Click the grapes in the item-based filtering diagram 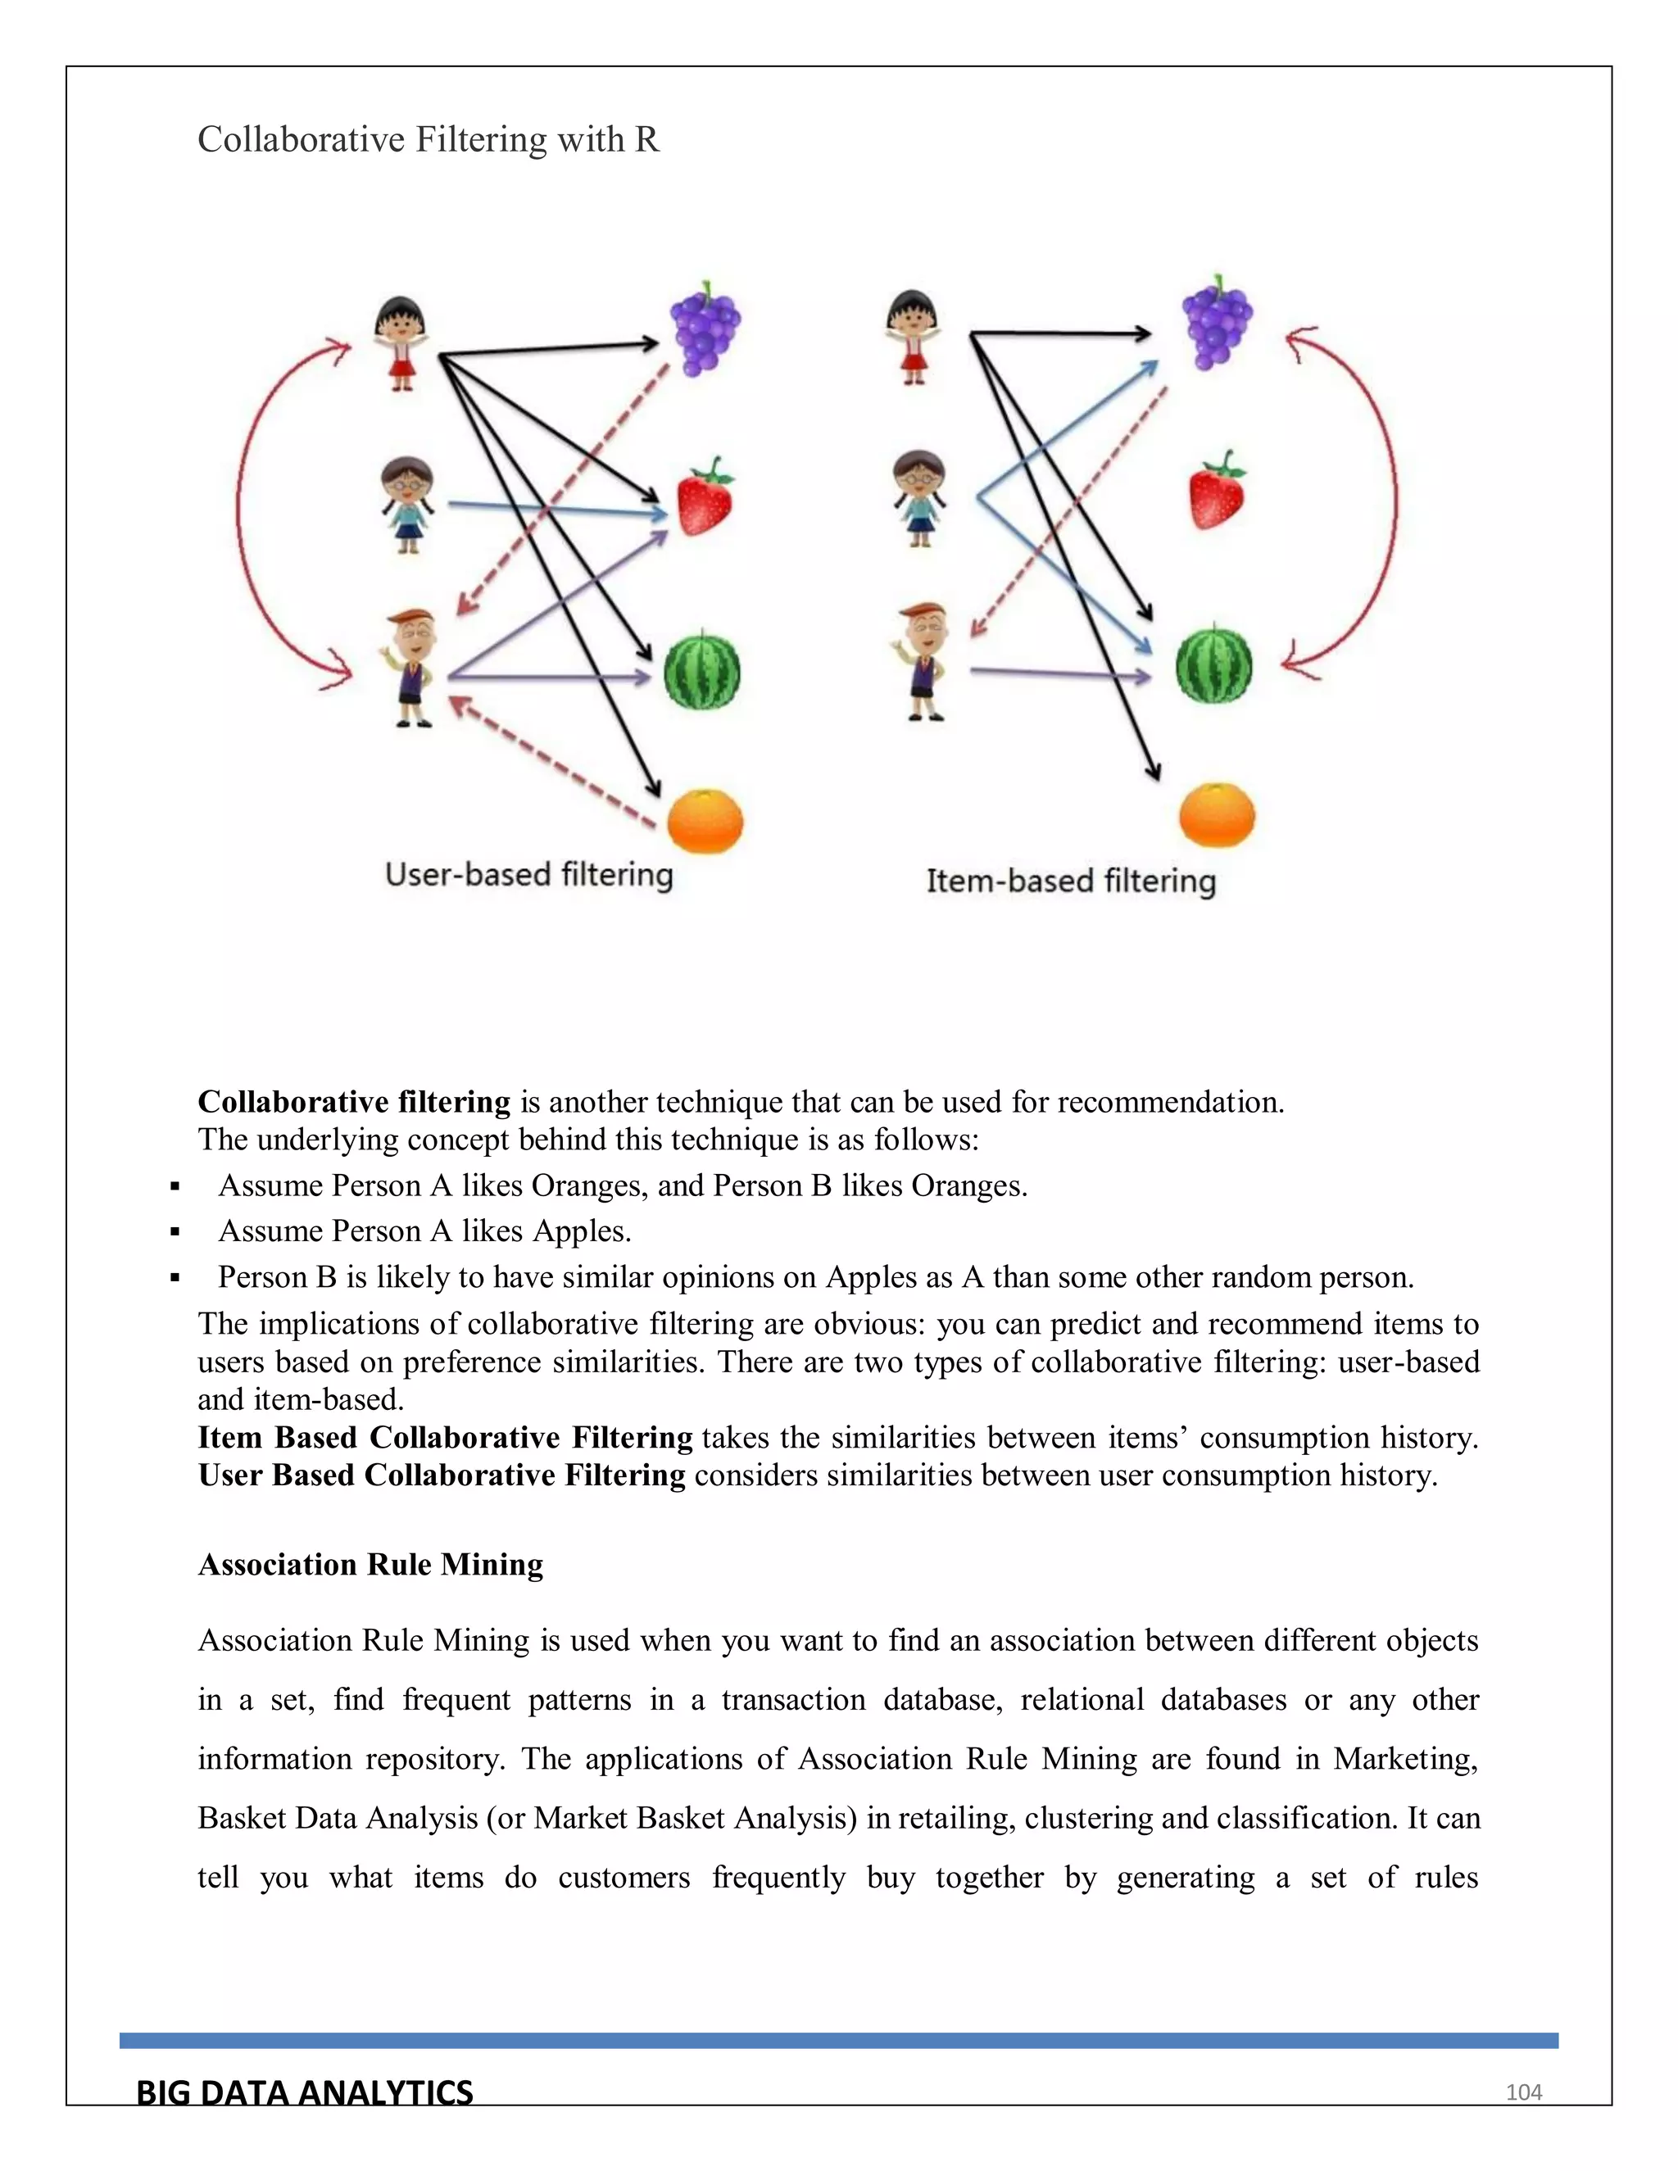[1216, 322]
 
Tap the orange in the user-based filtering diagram [705, 821]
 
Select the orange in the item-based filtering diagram [1217, 815]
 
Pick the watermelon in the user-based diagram [702, 670]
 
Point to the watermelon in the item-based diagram [1213, 664]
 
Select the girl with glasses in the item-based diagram [918, 498]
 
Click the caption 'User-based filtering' [528, 875]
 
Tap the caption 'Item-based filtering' [1071, 881]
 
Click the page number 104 [1523, 2092]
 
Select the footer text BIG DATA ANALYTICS [304, 2092]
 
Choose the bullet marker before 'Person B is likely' [175, 1278]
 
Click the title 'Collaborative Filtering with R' [429, 140]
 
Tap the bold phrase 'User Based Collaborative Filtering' [442, 1475]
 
